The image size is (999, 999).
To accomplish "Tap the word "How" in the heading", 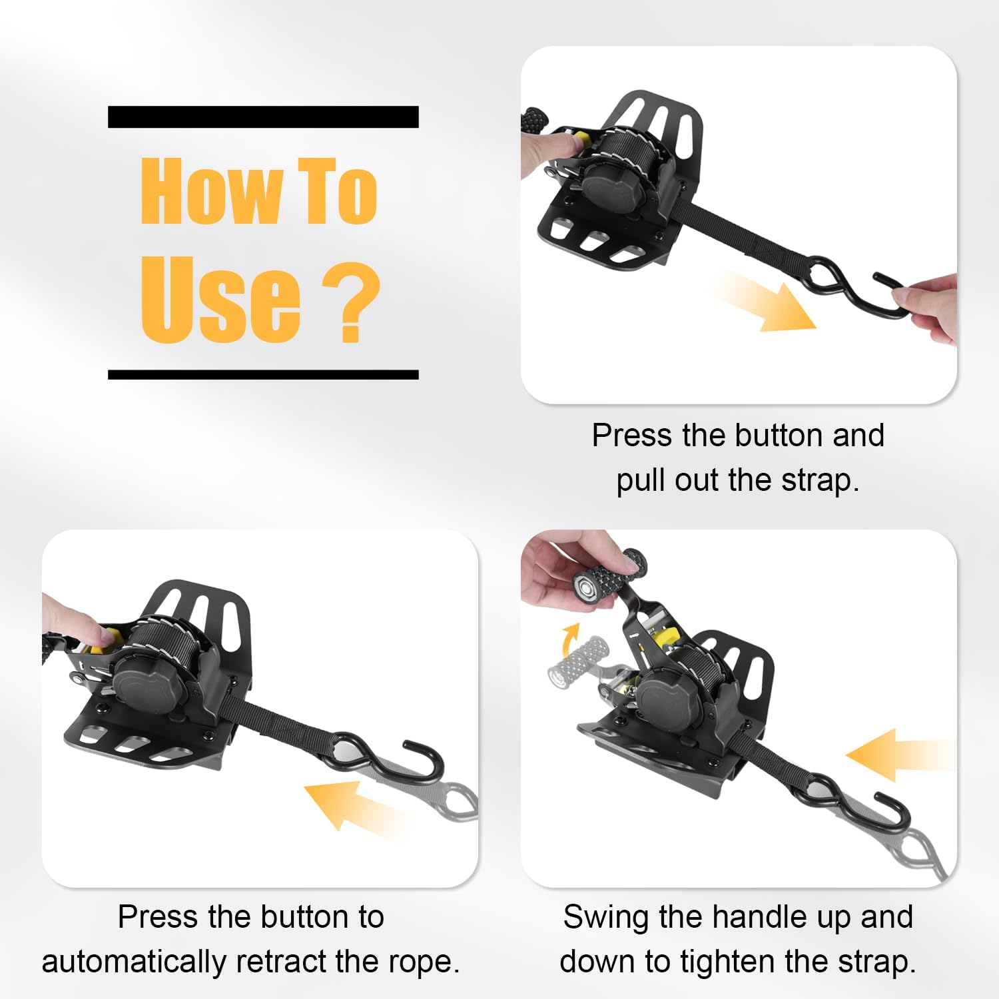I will coord(210,192).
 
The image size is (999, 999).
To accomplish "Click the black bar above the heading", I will coord(263,117).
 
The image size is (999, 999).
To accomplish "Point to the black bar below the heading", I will coord(263,375).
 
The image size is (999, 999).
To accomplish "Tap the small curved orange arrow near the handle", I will coord(569,642).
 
